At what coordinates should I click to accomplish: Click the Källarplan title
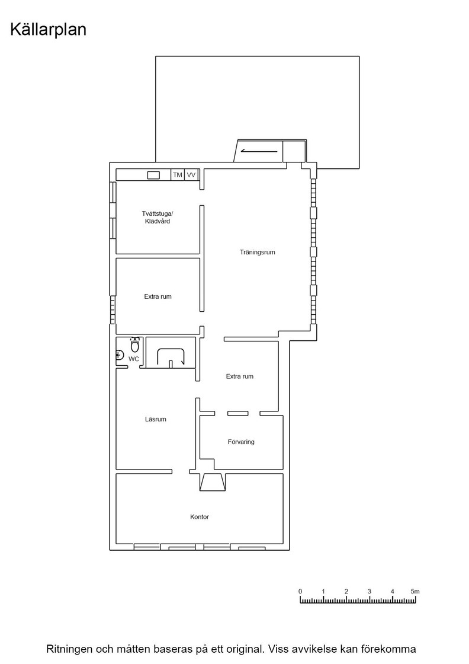tap(48, 30)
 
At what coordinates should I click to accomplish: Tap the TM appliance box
tap(178, 175)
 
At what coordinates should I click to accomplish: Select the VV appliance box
tap(192, 175)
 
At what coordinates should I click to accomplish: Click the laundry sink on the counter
tap(153, 175)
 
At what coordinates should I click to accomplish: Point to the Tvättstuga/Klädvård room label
tap(158, 217)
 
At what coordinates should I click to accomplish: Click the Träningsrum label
tap(258, 253)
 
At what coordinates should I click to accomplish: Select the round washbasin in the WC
tap(119, 356)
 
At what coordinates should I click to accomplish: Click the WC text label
tap(134, 359)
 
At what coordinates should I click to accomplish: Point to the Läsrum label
tap(156, 419)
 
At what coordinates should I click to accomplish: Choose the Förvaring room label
tap(241, 442)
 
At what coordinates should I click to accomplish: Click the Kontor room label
tap(200, 517)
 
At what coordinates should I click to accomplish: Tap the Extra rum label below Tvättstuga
tap(158, 297)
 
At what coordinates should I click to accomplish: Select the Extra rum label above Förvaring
tap(240, 376)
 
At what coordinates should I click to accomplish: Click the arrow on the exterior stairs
tap(259, 151)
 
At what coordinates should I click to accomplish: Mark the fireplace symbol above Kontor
tap(213, 482)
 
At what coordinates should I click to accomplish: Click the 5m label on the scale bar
tap(415, 592)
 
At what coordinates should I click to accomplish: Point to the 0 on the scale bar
tap(300, 592)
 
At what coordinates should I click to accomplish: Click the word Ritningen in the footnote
tap(69, 649)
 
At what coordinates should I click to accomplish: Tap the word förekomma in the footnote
tap(388, 649)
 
